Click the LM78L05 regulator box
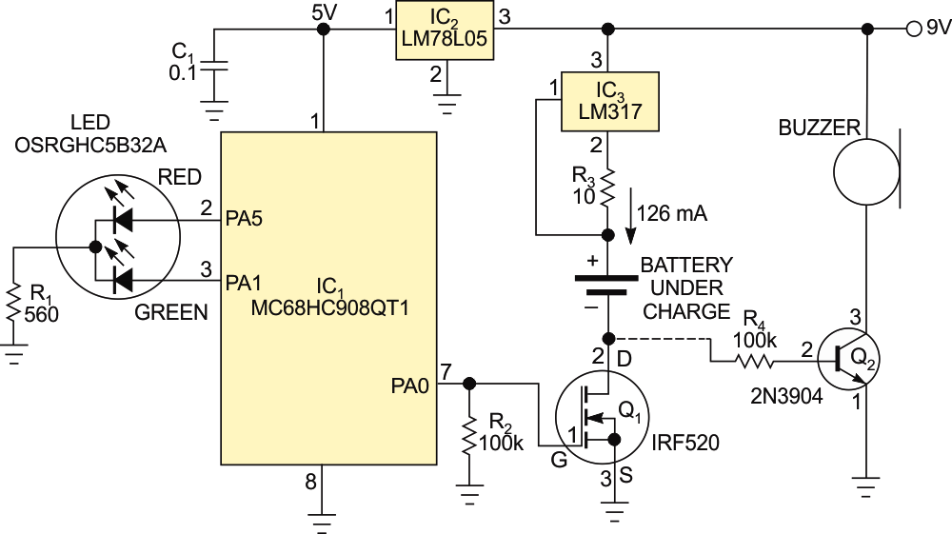tap(445, 30)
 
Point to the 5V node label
tap(325, 12)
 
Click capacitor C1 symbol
tap(215, 67)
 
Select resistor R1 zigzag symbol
tap(14, 302)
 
